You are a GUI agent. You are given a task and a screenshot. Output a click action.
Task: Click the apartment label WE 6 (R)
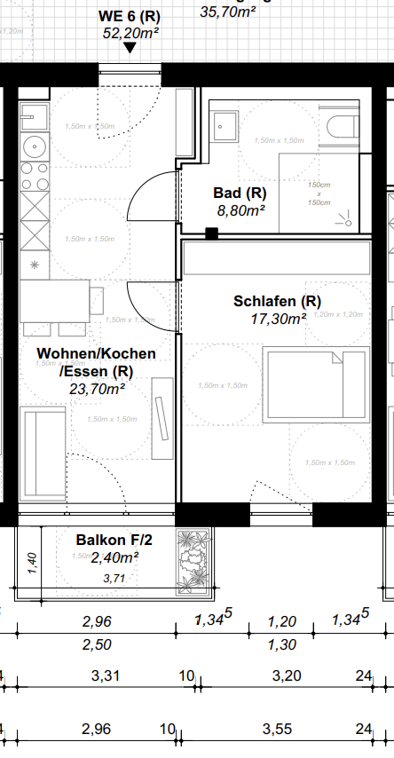tap(130, 16)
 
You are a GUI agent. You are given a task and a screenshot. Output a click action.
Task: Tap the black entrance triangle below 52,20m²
tap(130, 48)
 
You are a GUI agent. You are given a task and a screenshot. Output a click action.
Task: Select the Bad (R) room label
tap(240, 193)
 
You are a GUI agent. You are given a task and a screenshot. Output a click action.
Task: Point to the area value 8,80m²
tap(241, 210)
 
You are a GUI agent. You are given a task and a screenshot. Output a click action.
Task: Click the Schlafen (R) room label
tap(277, 302)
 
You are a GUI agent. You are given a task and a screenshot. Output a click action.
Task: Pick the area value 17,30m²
tap(278, 319)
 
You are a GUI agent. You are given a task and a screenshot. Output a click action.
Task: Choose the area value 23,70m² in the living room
tap(97, 388)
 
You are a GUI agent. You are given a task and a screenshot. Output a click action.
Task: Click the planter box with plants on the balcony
tap(193, 561)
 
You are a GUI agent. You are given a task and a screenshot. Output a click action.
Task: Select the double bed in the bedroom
tap(317, 383)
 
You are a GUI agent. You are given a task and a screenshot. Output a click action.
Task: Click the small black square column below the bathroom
tap(211, 233)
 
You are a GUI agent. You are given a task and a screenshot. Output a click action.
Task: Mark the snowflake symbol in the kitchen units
tap(35, 265)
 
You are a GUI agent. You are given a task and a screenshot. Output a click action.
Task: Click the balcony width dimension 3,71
tap(114, 578)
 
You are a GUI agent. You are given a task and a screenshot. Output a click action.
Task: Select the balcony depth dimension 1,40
tap(31, 562)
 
